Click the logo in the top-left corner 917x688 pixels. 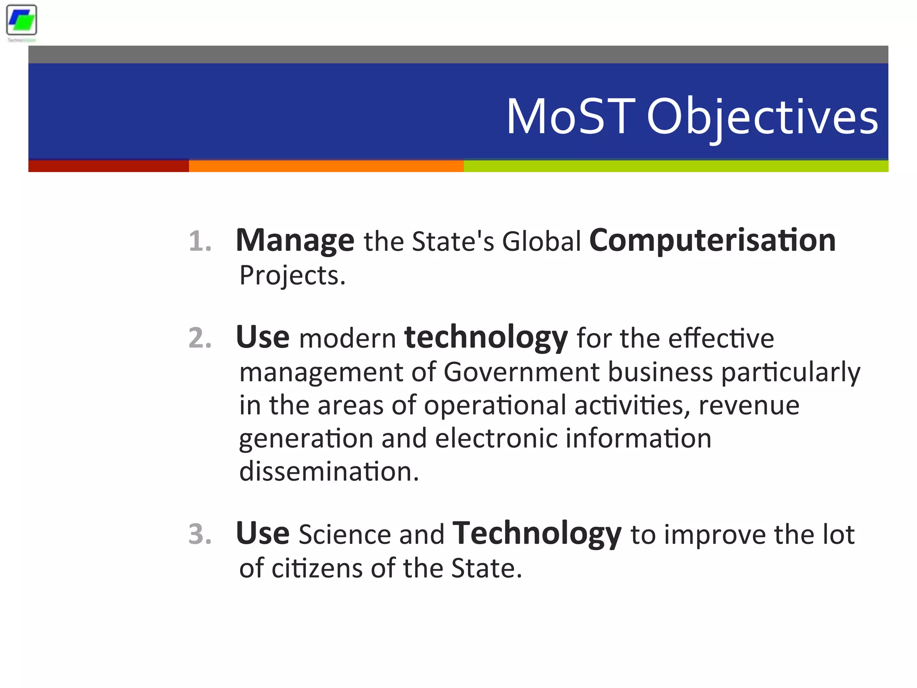pos(21,20)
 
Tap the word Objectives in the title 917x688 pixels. pos(762,118)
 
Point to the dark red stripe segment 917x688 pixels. pos(108,166)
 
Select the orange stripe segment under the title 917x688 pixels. pos(326,166)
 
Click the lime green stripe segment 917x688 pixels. pos(676,166)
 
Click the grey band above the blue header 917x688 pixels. pos(458,54)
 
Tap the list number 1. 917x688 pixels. pos(200,241)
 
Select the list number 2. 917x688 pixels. pos(200,338)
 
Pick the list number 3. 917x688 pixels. pos(200,534)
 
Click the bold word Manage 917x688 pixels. pos(295,241)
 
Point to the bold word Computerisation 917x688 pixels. pos(712,241)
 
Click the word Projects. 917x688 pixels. pos(292,275)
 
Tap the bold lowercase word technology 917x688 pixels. pos(486,338)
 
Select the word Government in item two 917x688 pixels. pos(521,372)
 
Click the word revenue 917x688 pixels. pos(749,406)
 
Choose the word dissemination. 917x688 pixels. pos(329,472)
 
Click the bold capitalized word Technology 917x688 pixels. pos(537,534)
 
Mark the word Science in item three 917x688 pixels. pos(345,535)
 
